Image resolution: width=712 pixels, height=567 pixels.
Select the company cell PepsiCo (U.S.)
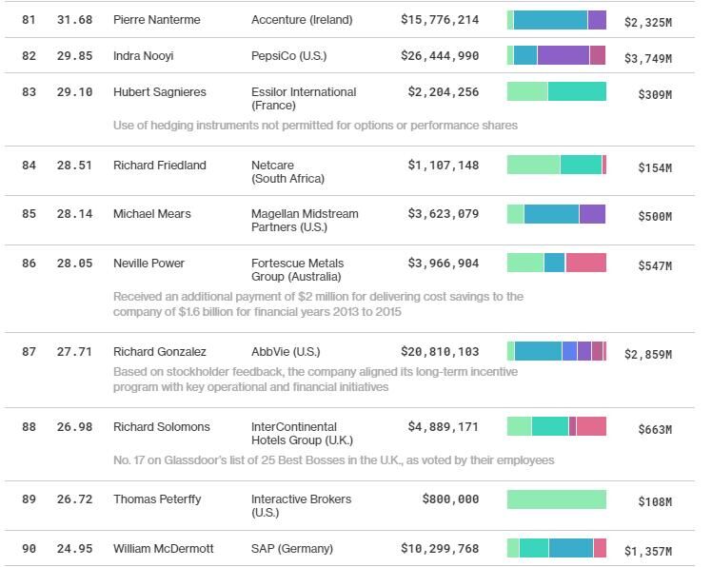(288, 56)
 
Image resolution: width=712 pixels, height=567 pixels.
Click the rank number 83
(29, 92)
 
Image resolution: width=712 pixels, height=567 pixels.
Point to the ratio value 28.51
(74, 166)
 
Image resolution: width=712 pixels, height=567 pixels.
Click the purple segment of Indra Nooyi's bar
(564, 55)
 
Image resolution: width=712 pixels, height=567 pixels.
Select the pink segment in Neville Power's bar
(585, 263)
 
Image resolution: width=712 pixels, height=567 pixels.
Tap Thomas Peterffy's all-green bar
(556, 499)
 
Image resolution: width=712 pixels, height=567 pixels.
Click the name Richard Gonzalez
(160, 352)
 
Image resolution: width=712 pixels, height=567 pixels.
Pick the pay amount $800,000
(450, 499)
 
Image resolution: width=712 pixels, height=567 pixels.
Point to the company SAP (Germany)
(292, 549)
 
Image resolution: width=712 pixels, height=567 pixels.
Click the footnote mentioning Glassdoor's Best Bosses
(333, 460)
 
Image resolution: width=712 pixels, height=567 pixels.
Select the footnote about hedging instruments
(315, 126)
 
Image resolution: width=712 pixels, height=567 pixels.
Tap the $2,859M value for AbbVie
(647, 355)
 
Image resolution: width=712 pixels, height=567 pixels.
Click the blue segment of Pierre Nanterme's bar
(550, 20)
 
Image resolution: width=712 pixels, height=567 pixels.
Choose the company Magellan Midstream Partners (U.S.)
(305, 220)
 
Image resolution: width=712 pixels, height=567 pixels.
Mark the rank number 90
(29, 549)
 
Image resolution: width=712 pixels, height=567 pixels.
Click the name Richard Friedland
(160, 166)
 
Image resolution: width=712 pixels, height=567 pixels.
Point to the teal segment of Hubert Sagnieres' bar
(577, 91)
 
